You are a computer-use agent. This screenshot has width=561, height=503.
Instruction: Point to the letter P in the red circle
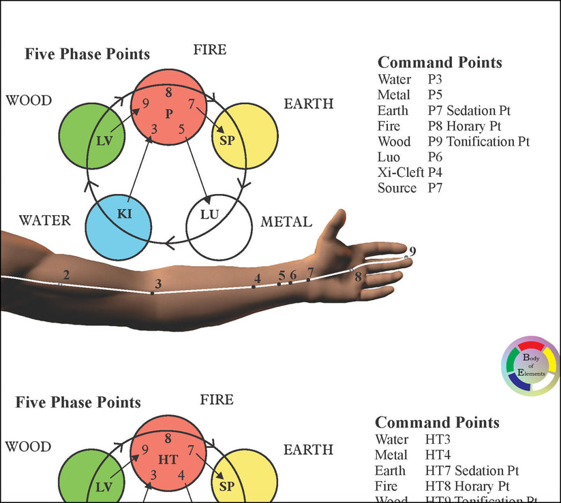[169, 112]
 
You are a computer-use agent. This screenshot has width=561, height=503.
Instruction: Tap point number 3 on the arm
[152, 293]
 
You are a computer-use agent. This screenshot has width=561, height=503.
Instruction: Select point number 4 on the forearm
[254, 287]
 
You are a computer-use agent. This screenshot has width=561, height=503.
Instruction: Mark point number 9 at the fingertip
[407, 257]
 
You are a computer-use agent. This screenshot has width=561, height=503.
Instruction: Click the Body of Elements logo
[529, 366]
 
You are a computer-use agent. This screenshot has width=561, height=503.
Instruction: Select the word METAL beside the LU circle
[286, 222]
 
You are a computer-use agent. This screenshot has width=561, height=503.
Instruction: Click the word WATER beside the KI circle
[44, 221]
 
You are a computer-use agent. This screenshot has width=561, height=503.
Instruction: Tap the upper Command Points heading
[440, 63]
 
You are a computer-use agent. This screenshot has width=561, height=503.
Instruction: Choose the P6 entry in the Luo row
[436, 157]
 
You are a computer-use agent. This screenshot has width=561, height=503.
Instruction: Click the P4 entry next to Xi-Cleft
[436, 173]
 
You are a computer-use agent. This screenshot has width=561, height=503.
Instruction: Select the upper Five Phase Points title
[87, 54]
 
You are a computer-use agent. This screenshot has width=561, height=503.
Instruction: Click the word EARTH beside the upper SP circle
[308, 103]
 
